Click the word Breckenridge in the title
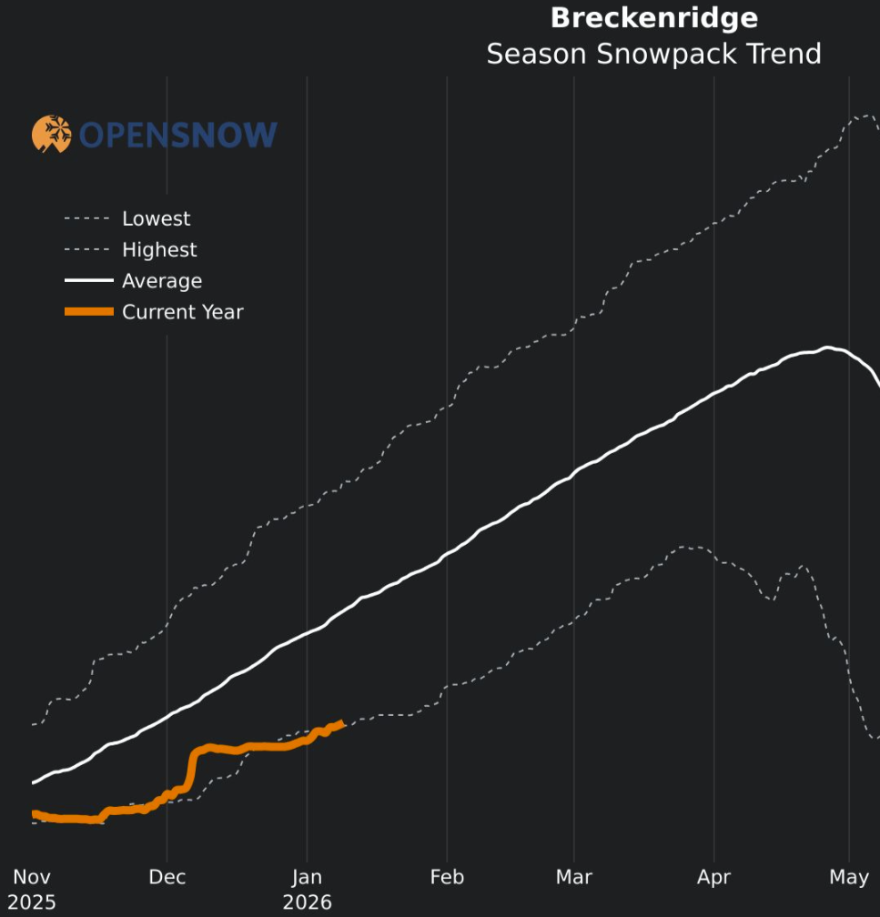click(653, 18)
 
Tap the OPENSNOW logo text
click(177, 136)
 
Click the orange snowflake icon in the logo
click(52, 134)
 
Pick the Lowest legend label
click(157, 218)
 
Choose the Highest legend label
click(159, 249)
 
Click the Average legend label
click(162, 281)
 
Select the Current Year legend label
click(183, 312)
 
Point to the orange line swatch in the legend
click(88, 312)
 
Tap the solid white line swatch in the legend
click(88, 281)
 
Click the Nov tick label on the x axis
click(31, 877)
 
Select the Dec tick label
click(167, 877)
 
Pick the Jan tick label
click(308, 877)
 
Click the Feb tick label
click(447, 877)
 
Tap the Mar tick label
click(574, 877)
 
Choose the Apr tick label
click(714, 877)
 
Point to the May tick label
click(849, 877)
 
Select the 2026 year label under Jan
click(308, 902)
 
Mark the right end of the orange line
click(341, 723)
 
